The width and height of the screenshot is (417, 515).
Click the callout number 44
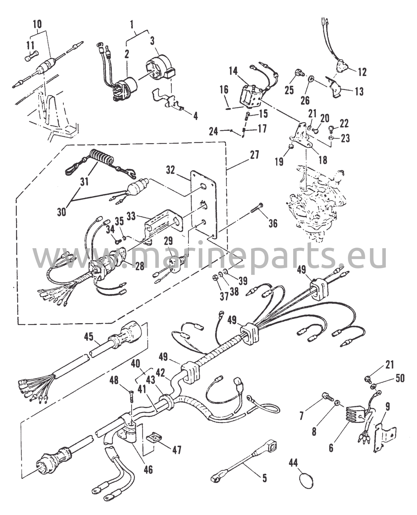[293, 462]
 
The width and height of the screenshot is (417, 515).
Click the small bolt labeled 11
[32, 55]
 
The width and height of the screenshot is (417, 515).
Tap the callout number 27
[254, 155]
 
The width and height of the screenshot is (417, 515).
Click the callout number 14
[233, 71]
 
